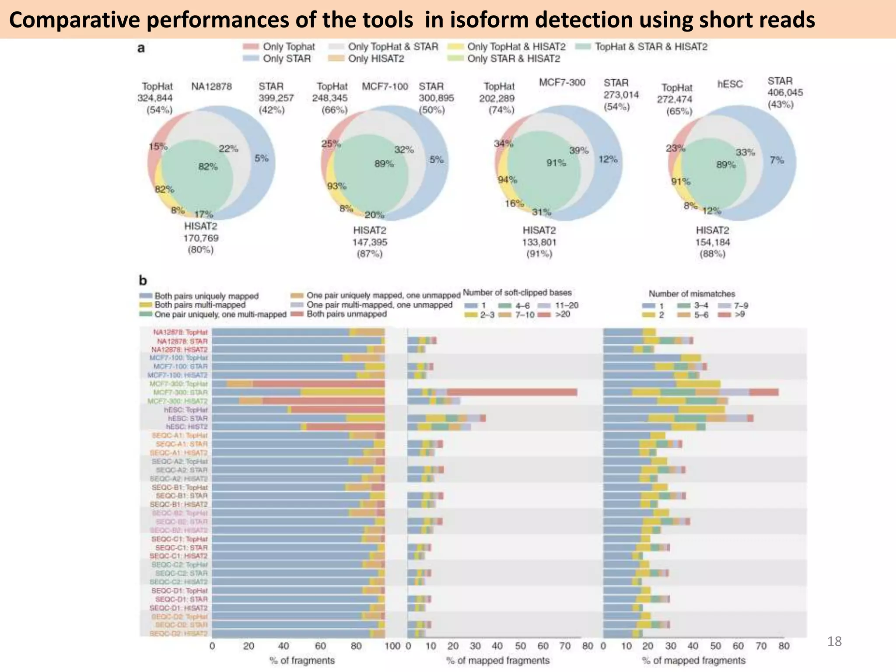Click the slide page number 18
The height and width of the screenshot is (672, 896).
834,641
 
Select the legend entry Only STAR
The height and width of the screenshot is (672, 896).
286,59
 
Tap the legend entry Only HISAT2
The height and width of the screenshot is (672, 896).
375,59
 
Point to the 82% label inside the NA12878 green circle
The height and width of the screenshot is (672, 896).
208,167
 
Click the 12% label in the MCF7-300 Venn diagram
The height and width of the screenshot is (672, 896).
608,159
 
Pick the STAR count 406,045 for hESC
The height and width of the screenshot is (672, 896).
785,92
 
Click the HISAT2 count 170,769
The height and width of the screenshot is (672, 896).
201,238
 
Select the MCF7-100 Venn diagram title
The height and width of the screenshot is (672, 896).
385,86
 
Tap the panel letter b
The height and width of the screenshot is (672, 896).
143,280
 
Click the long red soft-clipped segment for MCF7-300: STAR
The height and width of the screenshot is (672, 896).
512,392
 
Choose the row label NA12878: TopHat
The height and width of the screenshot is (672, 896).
180,332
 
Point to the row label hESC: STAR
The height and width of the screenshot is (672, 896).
188,418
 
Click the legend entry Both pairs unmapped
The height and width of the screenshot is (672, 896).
346,314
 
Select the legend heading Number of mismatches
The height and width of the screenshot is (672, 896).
692,294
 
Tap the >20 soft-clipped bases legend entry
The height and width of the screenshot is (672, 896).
562,314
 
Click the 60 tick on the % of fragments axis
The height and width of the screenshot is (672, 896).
320,646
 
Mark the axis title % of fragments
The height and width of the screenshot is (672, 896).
302,660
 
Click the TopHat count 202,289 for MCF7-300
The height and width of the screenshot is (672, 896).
497,98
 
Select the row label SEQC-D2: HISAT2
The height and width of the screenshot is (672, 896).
178,633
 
